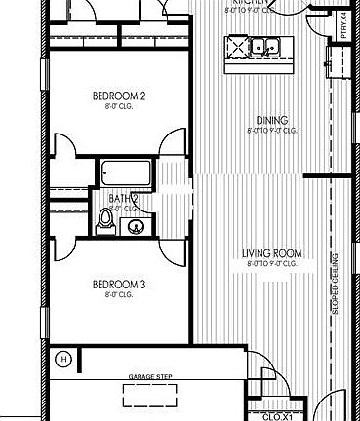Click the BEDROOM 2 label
coord(119,96)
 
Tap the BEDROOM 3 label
coord(119,285)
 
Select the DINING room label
coord(267,121)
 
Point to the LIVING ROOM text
coord(272,254)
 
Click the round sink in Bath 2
coord(137,226)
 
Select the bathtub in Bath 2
coord(126,174)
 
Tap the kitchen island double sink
coord(262,46)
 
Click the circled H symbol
coord(64,359)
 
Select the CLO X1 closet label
coord(278,415)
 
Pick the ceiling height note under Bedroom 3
coord(119,294)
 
